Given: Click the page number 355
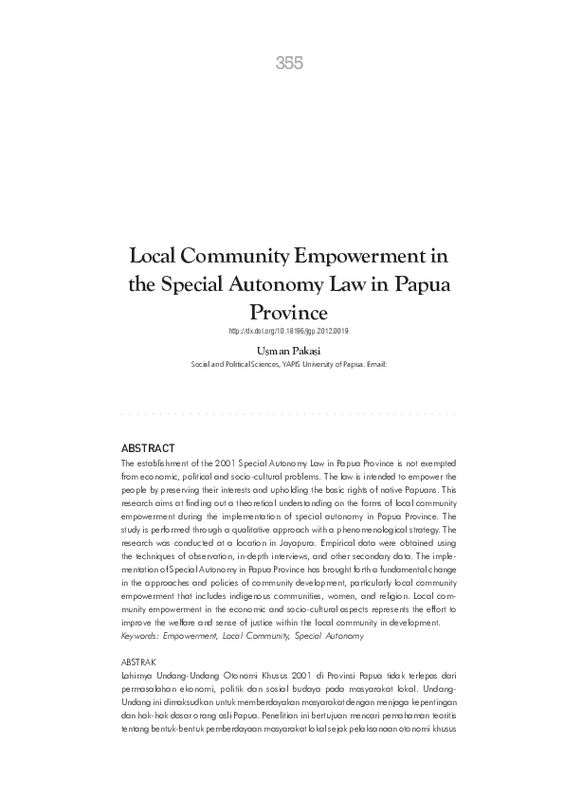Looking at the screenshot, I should tap(289, 63).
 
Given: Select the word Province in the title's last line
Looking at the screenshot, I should tap(288, 312).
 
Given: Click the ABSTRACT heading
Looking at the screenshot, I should tap(150, 445).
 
